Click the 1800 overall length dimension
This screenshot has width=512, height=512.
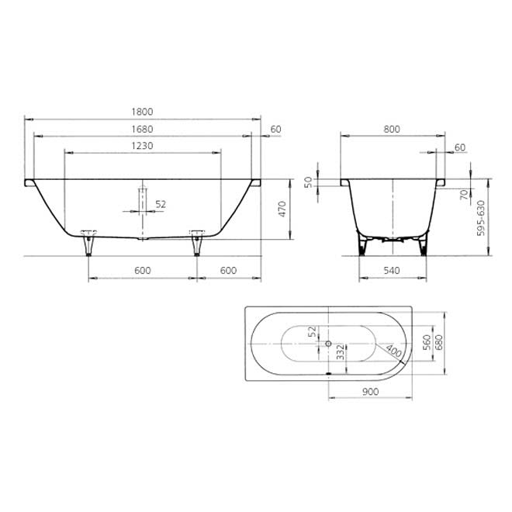142,112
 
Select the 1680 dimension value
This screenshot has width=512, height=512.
142,130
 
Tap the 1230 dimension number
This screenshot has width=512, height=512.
142,146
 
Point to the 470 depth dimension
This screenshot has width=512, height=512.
282,209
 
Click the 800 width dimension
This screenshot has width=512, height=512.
392,130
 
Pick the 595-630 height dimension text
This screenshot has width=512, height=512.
481,218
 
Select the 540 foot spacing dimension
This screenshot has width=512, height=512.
392,271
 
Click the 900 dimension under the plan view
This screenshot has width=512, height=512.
370,392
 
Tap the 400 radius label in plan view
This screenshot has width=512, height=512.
393,351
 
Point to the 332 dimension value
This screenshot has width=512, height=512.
341,352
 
